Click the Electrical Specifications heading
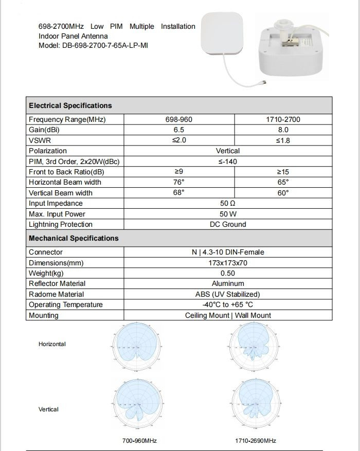click(70, 105)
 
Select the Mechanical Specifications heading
click(74, 238)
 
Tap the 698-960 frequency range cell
click(179, 119)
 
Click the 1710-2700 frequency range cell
click(283, 119)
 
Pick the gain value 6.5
click(179, 130)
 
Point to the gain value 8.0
click(283, 130)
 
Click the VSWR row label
click(40, 140)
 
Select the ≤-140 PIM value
click(228, 161)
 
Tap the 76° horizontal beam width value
click(179, 182)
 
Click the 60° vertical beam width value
click(283, 193)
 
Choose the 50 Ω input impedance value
click(228, 203)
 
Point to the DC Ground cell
click(228, 224)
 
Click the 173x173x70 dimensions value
click(228, 263)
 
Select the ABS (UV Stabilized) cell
click(228, 294)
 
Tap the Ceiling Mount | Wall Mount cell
click(228, 315)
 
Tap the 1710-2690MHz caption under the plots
click(256, 441)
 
